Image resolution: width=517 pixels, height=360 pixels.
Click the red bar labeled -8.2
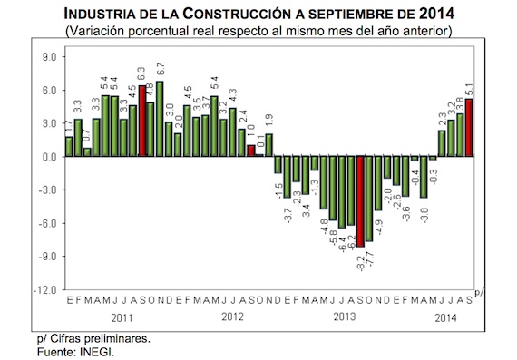(x=360, y=200)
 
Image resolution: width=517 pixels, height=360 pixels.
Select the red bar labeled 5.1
(x=469, y=128)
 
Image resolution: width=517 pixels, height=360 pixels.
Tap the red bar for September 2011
(x=141, y=122)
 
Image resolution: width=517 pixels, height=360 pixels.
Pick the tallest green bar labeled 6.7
(x=160, y=119)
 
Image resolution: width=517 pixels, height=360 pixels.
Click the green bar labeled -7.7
(x=369, y=198)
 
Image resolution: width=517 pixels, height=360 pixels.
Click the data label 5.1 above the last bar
(x=469, y=91)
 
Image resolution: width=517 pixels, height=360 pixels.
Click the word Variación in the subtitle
(x=102, y=30)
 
